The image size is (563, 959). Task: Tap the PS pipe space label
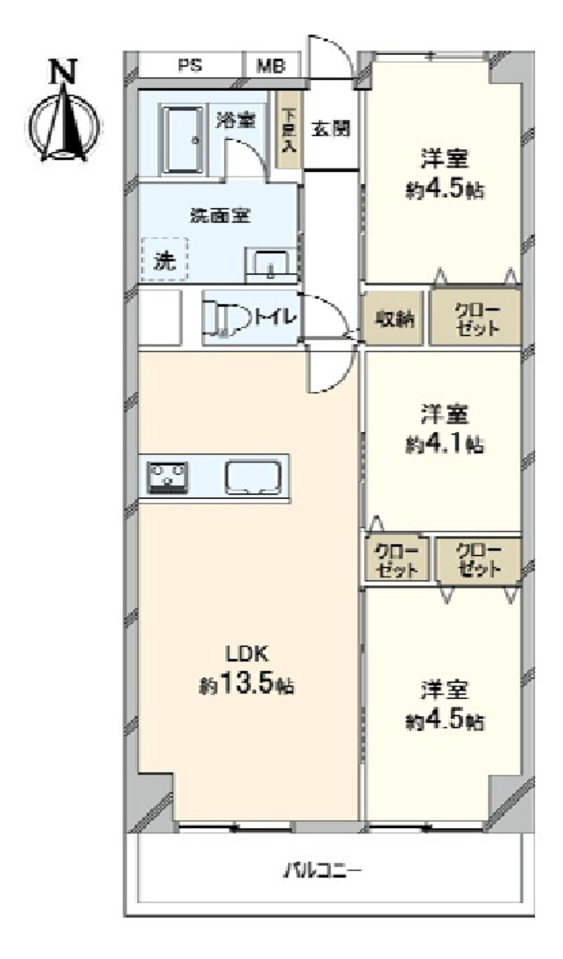click(190, 65)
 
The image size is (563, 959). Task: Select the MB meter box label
click(271, 66)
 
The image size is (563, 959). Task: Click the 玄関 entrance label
click(331, 129)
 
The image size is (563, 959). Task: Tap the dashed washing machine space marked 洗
click(164, 259)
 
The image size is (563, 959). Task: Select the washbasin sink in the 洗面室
click(270, 265)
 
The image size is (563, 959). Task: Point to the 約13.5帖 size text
click(247, 686)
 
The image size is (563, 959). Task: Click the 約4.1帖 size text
click(444, 444)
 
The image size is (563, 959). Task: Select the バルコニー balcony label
click(324, 871)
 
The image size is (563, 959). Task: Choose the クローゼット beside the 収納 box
click(476, 318)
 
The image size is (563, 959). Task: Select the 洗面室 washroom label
click(221, 215)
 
